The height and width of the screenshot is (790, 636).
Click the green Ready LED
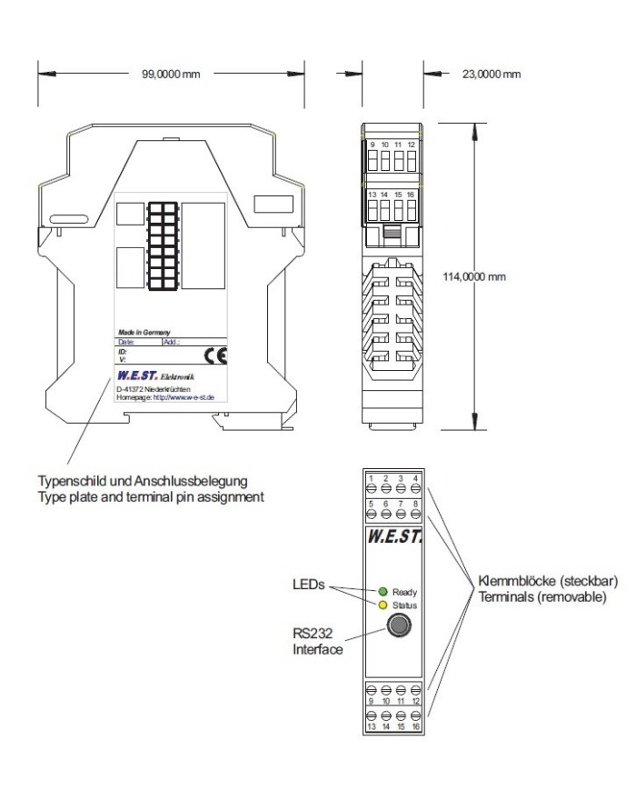point(383,591)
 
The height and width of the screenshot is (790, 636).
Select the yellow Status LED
point(383,605)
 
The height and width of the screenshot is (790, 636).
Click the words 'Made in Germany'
point(144,334)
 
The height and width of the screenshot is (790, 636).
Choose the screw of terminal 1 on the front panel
point(370,487)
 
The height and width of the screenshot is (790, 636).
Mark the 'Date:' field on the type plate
point(126,342)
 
